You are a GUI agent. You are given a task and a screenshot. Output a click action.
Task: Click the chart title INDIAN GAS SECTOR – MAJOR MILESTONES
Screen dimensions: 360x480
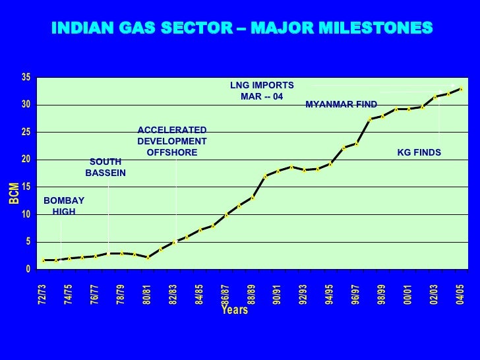pyautogui.click(x=242, y=28)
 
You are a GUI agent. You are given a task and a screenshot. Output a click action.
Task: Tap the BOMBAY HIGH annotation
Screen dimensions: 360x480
pyautogui.click(x=64, y=206)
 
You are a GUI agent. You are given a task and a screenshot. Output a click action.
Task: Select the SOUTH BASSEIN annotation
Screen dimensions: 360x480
pyautogui.click(x=105, y=167)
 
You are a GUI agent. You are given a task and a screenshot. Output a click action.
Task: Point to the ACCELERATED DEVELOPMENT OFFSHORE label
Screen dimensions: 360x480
pyautogui.click(x=172, y=142)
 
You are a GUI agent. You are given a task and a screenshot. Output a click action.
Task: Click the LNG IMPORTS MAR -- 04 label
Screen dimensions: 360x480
pyautogui.click(x=262, y=91)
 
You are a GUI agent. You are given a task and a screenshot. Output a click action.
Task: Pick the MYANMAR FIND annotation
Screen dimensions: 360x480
pyautogui.click(x=342, y=105)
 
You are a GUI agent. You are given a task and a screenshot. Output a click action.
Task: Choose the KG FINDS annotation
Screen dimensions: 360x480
pyautogui.click(x=419, y=153)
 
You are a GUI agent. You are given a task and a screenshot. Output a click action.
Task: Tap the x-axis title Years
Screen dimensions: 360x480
pyautogui.click(x=235, y=309)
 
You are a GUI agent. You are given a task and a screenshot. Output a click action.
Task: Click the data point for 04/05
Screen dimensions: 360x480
pyautogui.click(x=461, y=88)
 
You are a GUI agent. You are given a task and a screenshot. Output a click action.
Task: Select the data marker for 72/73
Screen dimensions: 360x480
pyautogui.click(x=43, y=260)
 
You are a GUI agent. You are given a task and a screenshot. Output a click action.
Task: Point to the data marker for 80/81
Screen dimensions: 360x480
pyautogui.click(x=148, y=257)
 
